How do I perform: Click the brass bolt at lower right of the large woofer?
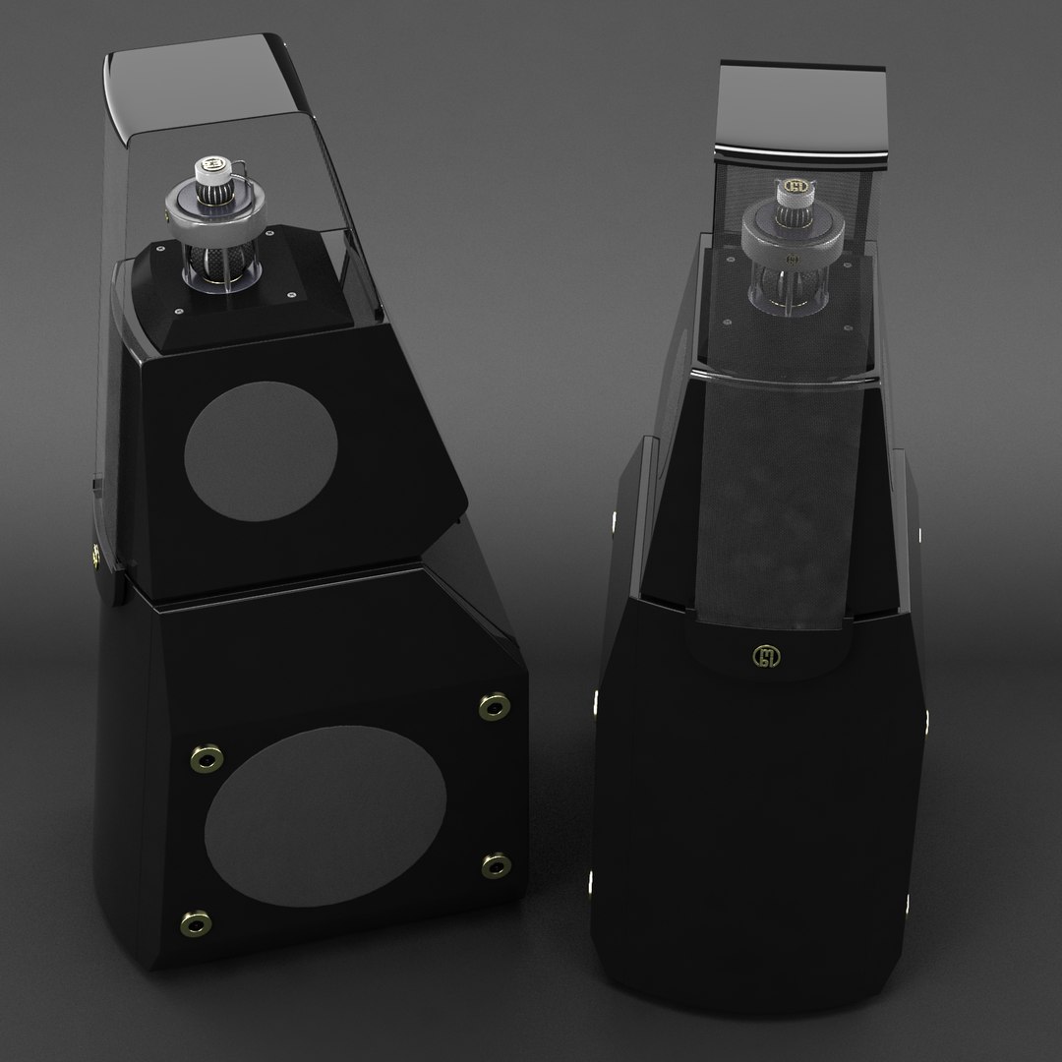pos(495,865)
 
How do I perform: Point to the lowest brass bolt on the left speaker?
pos(197,921)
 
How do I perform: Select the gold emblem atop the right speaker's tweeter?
pos(796,185)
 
